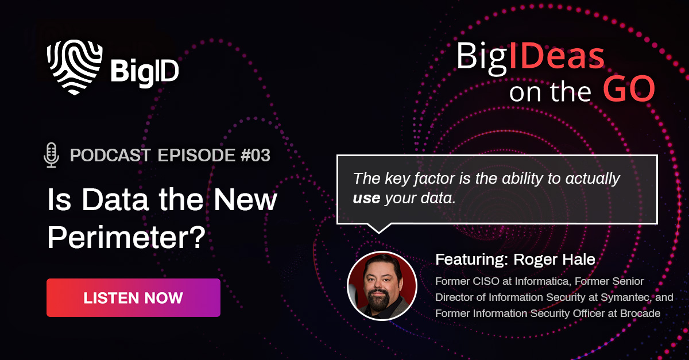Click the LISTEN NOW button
[133, 297]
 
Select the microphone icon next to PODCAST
[51, 155]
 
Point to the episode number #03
[256, 155]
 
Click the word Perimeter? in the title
[126, 238]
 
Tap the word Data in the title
[115, 200]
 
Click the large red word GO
[629, 89]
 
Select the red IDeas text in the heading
[557, 57]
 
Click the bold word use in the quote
[366, 199]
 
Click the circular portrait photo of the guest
[382, 286]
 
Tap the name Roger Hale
[554, 260]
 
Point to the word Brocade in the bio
[640, 313]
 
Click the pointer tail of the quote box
[378, 229]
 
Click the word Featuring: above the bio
[472, 260]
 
